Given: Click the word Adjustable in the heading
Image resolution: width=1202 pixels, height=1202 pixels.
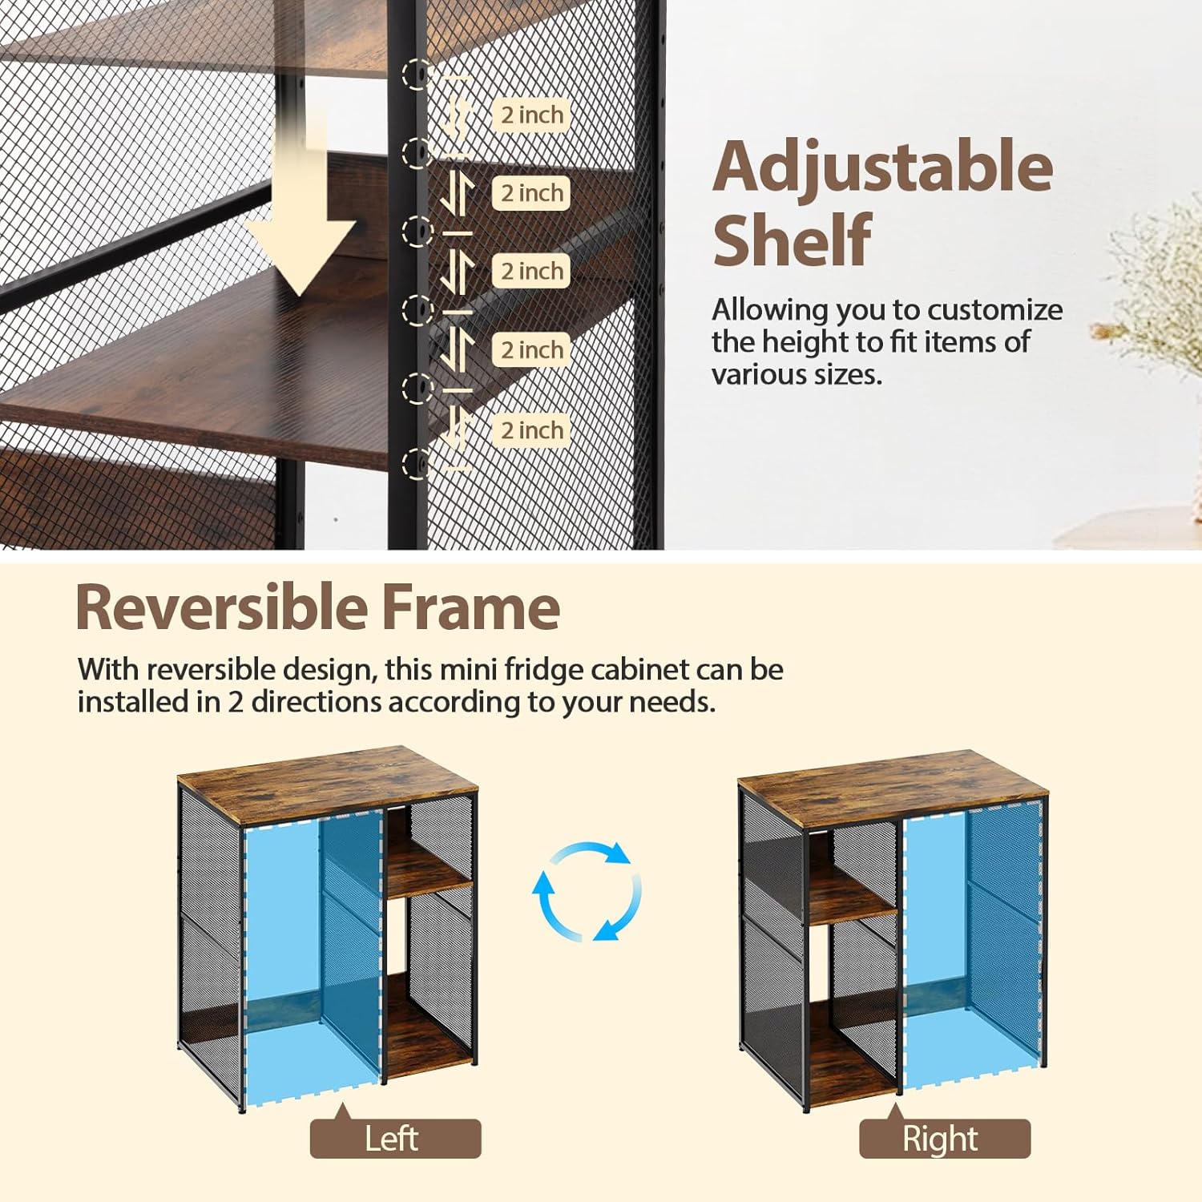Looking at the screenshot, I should tap(882, 167).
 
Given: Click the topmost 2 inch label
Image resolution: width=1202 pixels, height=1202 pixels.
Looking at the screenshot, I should tap(531, 115).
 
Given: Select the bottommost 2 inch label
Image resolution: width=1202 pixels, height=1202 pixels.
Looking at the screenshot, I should tap(531, 430).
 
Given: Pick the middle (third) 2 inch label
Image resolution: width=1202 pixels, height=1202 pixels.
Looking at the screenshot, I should tap(531, 271).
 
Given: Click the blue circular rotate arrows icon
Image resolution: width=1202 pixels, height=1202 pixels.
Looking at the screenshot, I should tap(587, 891).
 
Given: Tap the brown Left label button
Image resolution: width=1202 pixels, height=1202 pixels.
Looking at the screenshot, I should tap(395, 1139).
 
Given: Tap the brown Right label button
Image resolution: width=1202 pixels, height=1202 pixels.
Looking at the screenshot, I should tap(944, 1139).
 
